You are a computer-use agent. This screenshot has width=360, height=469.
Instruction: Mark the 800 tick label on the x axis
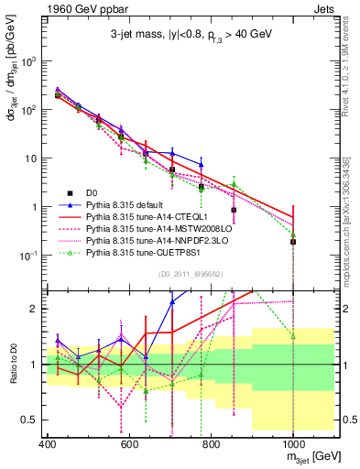click(x=211, y=442)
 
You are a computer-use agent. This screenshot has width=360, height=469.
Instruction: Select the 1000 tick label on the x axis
click(x=291, y=442)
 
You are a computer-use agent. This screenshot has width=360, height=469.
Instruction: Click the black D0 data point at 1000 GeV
click(x=292, y=242)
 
